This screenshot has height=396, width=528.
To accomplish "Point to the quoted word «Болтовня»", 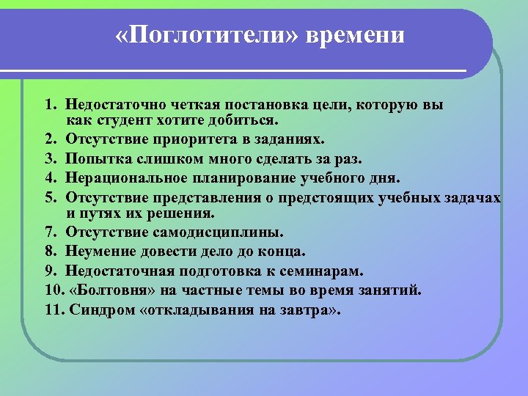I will coord(107,290).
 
